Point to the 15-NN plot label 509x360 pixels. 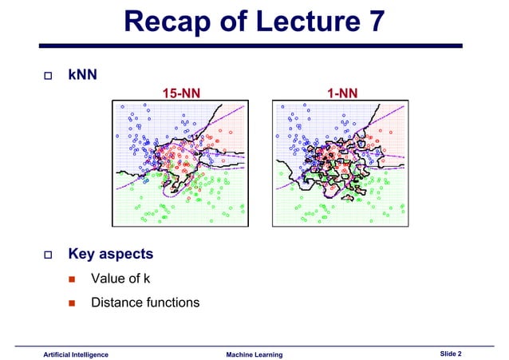click(181, 94)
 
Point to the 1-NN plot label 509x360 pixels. click(342, 94)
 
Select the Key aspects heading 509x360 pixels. click(110, 255)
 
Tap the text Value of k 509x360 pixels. click(120, 279)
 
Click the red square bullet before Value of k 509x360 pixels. click(72, 279)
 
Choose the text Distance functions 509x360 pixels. click(145, 303)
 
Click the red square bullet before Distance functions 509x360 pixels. click(72, 303)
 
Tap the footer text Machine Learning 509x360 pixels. click(254, 354)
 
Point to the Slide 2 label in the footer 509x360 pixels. click(456, 353)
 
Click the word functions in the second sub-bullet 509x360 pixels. click(172, 303)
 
